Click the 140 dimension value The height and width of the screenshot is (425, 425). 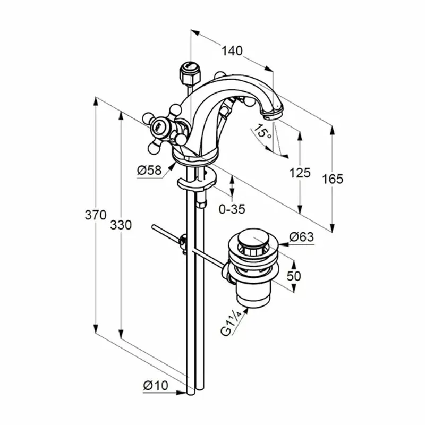coord(232,50)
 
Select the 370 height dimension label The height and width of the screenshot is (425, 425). coord(96,215)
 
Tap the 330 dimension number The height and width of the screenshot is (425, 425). coord(121,225)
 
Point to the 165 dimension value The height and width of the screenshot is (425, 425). coord(333,179)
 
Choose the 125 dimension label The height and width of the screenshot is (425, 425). coord(300,173)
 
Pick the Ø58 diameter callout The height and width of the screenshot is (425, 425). coord(149,171)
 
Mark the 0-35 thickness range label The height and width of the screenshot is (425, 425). coord(232,209)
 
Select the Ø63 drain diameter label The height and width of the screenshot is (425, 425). coord(302,237)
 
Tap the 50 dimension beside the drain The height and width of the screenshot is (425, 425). coord(294,276)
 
